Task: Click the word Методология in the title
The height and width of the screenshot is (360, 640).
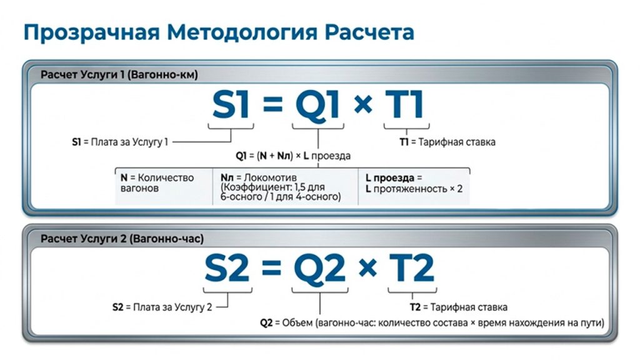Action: click(242, 32)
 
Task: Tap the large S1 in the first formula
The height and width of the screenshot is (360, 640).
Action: click(231, 105)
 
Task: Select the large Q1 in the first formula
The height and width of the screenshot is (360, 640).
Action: click(317, 106)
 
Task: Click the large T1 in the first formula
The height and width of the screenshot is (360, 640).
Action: click(404, 105)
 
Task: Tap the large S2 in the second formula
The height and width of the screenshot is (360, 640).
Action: click(227, 268)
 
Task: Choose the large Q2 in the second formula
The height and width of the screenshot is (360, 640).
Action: click(319, 269)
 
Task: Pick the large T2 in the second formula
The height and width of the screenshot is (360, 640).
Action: click(411, 268)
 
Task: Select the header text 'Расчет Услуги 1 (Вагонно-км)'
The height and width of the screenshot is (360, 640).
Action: click(119, 75)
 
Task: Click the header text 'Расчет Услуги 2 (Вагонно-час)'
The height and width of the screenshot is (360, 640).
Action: click(122, 239)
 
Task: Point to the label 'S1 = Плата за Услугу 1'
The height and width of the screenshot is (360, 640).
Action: click(120, 142)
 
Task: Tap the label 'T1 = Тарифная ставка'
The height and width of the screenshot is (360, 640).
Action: click(447, 142)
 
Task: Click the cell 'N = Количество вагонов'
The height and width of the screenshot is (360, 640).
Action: click(157, 183)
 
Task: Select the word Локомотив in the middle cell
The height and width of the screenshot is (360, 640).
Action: click(270, 177)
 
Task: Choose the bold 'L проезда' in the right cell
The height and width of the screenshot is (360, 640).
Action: click(390, 178)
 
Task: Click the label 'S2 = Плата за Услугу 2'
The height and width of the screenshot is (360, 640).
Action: click(162, 307)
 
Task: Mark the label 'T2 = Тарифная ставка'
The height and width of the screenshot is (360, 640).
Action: click(459, 307)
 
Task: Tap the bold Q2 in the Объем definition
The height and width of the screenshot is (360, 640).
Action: click(266, 323)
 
